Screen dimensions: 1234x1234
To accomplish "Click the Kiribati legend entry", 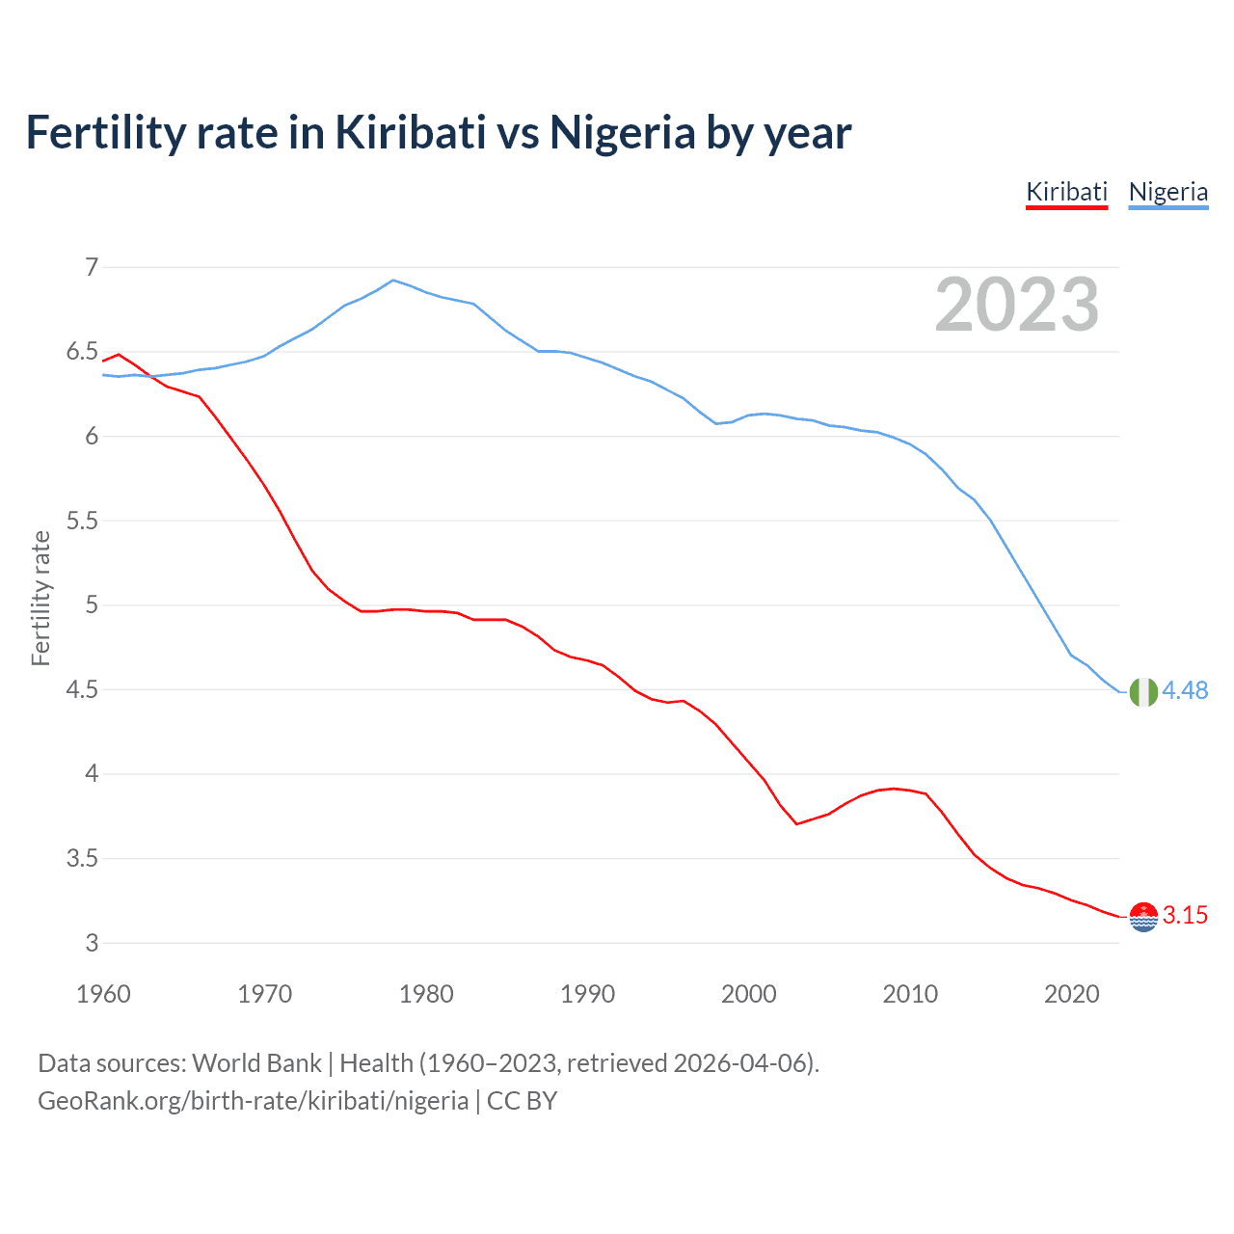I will pos(1066,192).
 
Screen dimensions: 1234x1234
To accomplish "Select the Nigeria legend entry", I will pos(1167,192).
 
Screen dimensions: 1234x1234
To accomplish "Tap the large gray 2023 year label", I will pos(1016,305).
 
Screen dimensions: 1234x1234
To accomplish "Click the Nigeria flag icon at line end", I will pos(1143,692).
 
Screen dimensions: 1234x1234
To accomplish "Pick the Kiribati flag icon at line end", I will pos(1143,917).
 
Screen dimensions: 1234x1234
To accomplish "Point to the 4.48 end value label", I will pos(1185,690).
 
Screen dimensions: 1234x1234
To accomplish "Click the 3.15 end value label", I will pos(1185,915).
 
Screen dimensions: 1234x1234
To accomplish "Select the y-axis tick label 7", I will pos(92,267).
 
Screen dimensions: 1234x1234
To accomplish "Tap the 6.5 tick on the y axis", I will pos(82,352).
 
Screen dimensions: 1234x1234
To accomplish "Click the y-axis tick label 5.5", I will pos(82,521).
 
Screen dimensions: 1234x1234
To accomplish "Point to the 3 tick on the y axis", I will pos(92,943).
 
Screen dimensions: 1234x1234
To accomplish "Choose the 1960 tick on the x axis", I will pos(103,994).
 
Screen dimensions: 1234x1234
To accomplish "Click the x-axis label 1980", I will pos(426,994).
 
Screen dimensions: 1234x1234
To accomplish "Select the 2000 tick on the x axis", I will pos(749,994).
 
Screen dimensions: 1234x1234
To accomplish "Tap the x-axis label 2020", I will pos(1071,994).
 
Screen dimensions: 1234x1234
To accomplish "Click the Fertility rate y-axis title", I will pos(40,598).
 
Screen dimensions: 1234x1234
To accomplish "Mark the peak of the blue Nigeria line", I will pos(392,281).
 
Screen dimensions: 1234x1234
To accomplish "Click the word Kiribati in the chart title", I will pos(411,132).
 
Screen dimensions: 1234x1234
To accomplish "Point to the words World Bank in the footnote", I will pos(256,1063).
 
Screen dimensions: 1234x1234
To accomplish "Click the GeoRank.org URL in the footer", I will pos(253,1100).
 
